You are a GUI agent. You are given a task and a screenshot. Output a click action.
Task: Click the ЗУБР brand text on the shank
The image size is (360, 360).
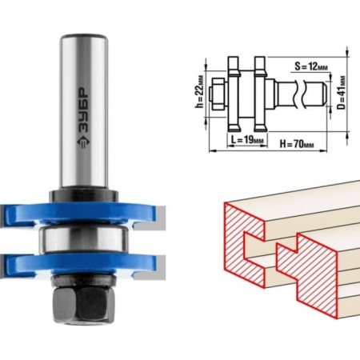pyautogui.click(x=84, y=110)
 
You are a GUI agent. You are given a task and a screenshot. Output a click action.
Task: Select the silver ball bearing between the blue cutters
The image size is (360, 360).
pyautogui.click(x=84, y=239)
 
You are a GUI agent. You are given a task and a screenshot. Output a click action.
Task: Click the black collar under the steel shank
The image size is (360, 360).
pyautogui.click(x=84, y=196)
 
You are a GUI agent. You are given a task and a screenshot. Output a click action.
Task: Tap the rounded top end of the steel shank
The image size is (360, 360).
pyautogui.click(x=84, y=37)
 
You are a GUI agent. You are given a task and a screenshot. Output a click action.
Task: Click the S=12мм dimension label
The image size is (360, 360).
pyautogui.click(x=311, y=66)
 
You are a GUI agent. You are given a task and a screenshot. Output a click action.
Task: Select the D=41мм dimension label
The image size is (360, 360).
pyautogui.click(x=342, y=93)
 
